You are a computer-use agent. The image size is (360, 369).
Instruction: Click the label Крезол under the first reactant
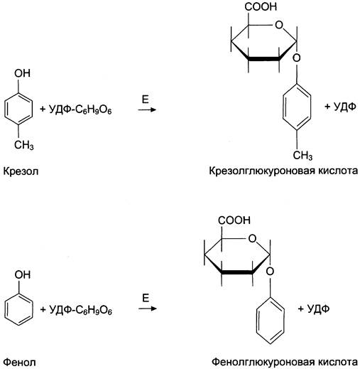pyautogui.click(x=21, y=171)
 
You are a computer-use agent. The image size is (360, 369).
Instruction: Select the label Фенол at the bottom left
pyautogui.click(x=20, y=362)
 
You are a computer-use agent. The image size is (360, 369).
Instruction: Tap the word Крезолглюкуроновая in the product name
pyautogui.click(x=261, y=171)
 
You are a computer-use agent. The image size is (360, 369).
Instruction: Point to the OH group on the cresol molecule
pyautogui.click(x=22, y=73)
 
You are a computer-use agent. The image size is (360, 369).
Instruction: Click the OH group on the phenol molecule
pyautogui.click(x=23, y=274)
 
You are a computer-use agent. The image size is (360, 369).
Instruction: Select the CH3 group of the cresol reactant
pyautogui.click(x=24, y=145)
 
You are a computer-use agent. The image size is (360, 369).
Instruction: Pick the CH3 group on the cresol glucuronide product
pyautogui.click(x=302, y=156)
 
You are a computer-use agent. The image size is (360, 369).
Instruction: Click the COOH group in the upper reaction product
pyautogui.click(x=261, y=6)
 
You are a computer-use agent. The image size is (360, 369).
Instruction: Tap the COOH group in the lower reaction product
pyautogui.click(x=234, y=220)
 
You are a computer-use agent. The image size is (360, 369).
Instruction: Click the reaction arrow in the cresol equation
pyautogui.click(x=147, y=109)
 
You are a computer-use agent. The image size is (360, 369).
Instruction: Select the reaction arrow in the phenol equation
pyautogui.click(x=148, y=309)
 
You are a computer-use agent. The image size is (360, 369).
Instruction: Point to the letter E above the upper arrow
pyautogui.click(x=146, y=100)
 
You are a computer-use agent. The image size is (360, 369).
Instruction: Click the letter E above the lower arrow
pyautogui.click(x=146, y=298)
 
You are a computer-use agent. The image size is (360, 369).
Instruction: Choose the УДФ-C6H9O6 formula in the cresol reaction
pyautogui.click(x=80, y=109)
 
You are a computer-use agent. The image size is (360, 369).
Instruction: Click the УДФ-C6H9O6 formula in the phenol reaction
pyautogui.click(x=80, y=310)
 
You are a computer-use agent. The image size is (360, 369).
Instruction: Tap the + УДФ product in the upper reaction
pyautogui.click(x=340, y=107)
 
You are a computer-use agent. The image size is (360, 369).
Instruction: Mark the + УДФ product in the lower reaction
pyautogui.click(x=314, y=309)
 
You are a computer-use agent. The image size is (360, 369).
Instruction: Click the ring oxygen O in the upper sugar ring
pyautogui.click(x=279, y=25)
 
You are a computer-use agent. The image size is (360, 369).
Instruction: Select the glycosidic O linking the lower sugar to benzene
pyautogui.click(x=270, y=272)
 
